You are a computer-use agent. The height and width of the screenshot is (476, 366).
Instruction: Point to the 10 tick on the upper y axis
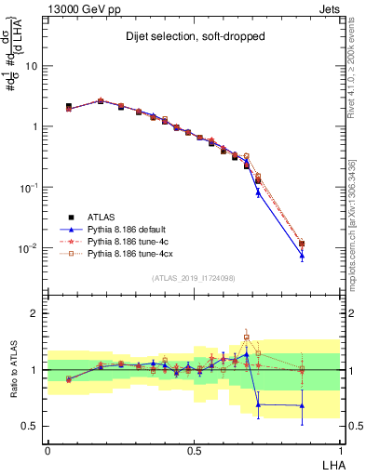click(x=32, y=67)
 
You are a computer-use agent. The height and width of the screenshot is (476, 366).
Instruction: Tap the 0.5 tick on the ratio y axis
click(x=30, y=427)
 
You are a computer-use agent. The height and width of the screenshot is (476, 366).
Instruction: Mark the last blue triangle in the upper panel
click(x=302, y=256)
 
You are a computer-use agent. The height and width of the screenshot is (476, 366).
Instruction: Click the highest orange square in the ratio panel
click(x=247, y=337)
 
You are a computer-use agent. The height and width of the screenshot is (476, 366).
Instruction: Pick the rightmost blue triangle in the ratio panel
click(x=302, y=405)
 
